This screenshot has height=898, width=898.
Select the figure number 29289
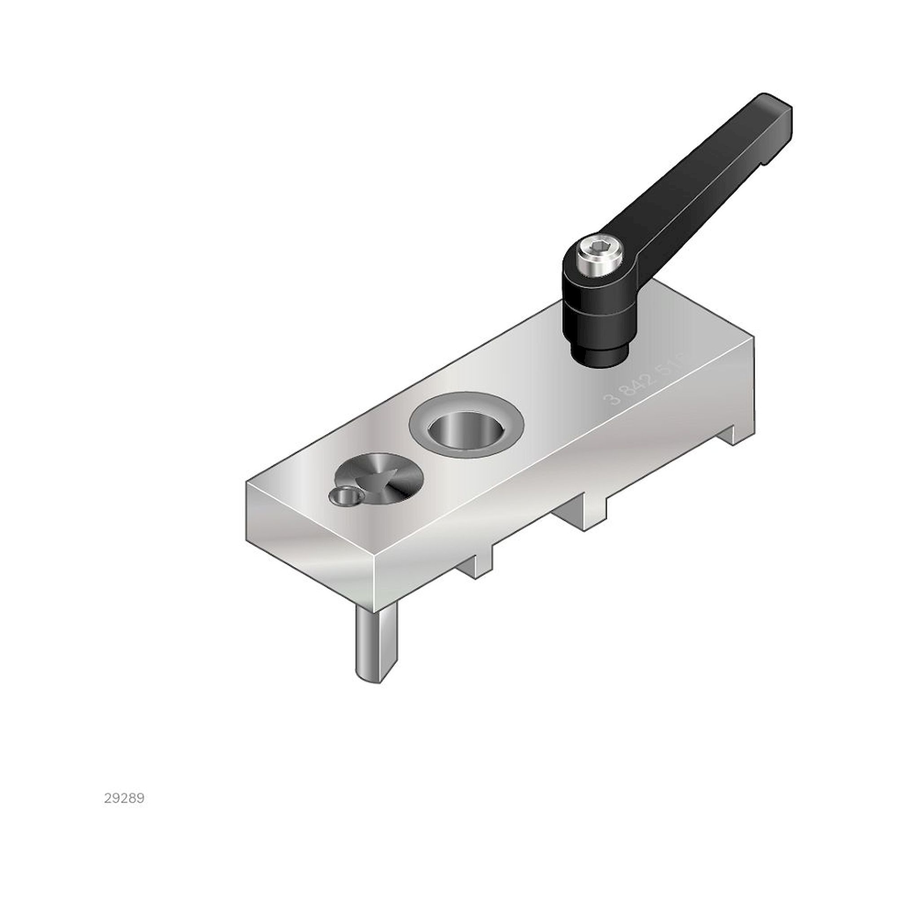point(124,798)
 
